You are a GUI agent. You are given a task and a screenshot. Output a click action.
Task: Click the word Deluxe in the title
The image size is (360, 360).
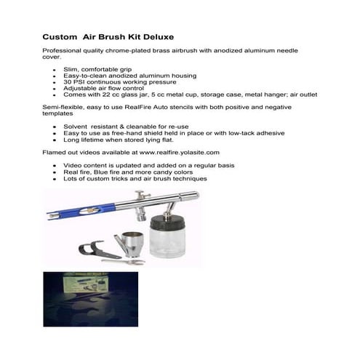tap(155, 36)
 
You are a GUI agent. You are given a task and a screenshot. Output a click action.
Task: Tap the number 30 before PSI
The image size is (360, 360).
tap(68, 82)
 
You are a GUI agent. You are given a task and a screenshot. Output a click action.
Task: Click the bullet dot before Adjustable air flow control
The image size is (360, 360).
tap(56, 89)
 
